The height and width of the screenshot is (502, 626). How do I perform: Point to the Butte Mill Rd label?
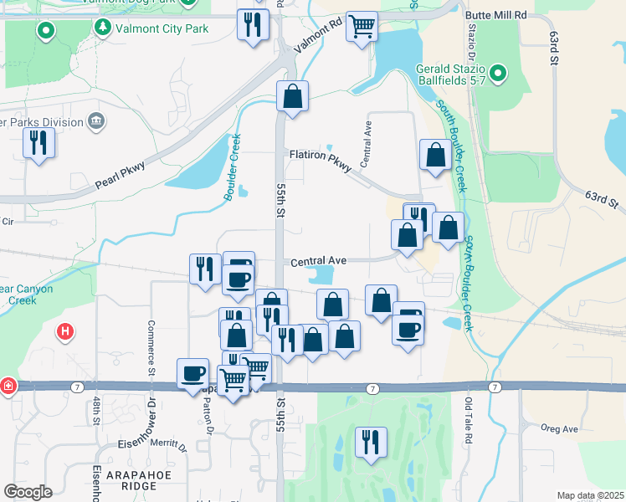click(x=496, y=15)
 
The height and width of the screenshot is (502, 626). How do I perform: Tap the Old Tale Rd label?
click(x=469, y=421)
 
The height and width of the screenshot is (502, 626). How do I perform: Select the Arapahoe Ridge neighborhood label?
click(x=136, y=480)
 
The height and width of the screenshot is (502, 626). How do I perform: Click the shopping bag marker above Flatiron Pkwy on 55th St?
click(x=292, y=96)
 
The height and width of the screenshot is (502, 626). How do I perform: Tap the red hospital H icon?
click(x=64, y=331)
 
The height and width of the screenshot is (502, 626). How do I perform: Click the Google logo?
click(x=28, y=492)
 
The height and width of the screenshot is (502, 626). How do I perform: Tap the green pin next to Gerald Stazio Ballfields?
click(x=498, y=74)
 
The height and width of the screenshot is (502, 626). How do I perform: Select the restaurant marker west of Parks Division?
click(x=38, y=143)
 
